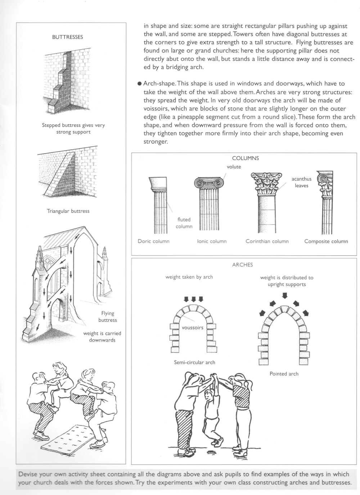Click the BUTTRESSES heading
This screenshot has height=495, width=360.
point(67,37)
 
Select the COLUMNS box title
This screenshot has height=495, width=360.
point(245,158)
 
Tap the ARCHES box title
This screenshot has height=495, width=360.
point(242,265)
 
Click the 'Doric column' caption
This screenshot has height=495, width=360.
point(153,241)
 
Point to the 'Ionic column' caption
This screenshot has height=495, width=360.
point(212,241)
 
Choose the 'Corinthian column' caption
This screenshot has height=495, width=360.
point(267,241)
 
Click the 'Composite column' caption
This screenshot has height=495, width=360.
point(326,241)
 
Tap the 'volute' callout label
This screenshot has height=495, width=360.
point(234,167)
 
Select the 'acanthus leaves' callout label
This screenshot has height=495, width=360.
point(302,182)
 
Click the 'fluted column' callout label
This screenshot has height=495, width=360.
point(184,223)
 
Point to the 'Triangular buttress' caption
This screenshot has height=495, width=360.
point(68,211)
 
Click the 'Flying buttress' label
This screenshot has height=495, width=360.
point(108,317)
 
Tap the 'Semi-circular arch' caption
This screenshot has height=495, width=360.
point(194,362)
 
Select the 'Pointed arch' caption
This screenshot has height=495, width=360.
point(284,374)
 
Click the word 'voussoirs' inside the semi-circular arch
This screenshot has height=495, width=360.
point(193,328)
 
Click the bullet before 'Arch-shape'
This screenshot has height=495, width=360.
point(139,84)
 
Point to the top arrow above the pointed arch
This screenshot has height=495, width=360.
point(285,296)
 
